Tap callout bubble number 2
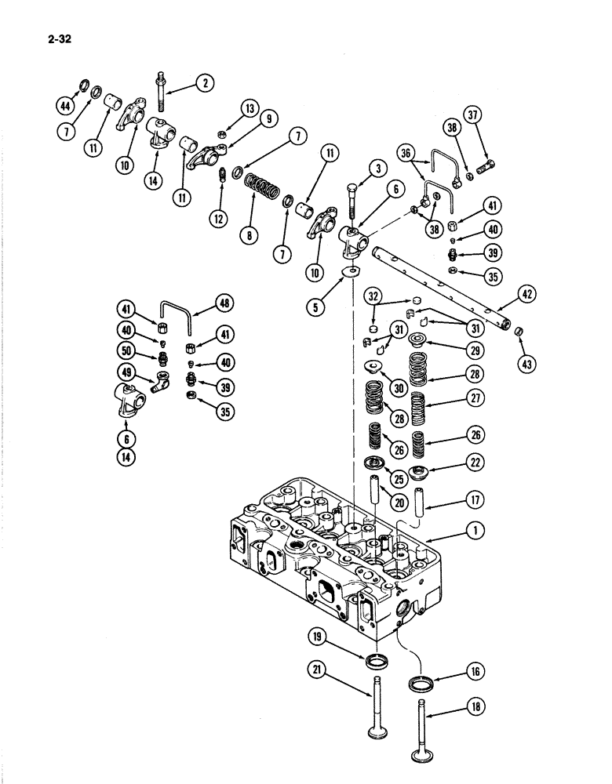tap(204, 83)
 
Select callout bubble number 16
tap(477, 671)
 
